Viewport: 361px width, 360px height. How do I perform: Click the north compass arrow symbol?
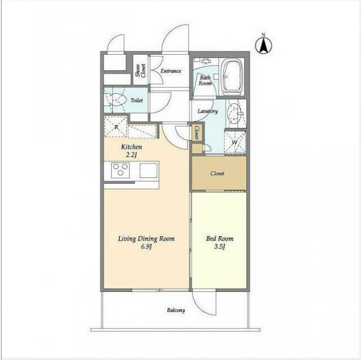pos(263,45)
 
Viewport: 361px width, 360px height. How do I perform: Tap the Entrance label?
pos(171,71)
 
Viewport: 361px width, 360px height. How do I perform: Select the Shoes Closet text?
pos(140,70)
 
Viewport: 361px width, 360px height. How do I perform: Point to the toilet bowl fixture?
pos(116,100)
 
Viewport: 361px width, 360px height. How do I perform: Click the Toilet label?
pos(137,100)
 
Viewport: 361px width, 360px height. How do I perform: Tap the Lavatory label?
pos(208,111)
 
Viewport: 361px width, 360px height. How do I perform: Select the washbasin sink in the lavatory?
pos(235,113)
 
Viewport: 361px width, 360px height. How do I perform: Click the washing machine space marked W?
pos(235,142)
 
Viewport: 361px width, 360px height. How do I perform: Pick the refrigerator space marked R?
pos(116,127)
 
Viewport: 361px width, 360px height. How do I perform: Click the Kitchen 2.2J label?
pos(131,151)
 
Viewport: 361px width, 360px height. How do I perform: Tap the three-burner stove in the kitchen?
pos(120,170)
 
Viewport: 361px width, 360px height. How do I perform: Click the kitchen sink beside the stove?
pos(149,170)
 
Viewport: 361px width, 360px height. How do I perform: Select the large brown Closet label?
pos(217,174)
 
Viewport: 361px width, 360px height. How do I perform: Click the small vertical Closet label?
pos(197,132)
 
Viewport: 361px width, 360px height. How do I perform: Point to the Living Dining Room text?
pos(146,239)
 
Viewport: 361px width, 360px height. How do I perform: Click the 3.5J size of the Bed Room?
pos(219,247)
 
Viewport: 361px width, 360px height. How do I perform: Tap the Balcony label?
pos(176,310)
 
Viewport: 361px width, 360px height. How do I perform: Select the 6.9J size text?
pos(147,247)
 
